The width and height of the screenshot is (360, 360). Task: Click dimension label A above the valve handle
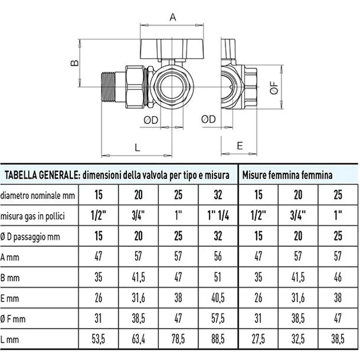[x=173, y=17]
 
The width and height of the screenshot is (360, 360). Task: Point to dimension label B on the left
[x=74, y=63]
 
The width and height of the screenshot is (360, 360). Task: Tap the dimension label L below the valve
[x=137, y=148]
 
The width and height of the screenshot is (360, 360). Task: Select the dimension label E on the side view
[x=240, y=145]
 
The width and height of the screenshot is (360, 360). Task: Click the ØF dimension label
[x=274, y=88]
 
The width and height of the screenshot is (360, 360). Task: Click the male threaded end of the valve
[x=108, y=87]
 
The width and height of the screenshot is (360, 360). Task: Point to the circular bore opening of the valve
[x=172, y=87]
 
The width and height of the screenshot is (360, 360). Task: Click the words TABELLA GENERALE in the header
[x=42, y=175]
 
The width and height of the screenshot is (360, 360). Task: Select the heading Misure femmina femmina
[x=287, y=175]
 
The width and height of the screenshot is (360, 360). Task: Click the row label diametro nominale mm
[x=38, y=195]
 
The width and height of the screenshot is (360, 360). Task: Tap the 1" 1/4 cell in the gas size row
[x=218, y=215]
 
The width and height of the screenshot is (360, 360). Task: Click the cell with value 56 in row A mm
[x=218, y=256]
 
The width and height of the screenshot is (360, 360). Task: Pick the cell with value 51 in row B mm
[x=218, y=277]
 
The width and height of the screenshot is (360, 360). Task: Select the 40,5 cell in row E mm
[x=218, y=298]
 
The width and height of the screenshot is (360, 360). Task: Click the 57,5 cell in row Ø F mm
[x=218, y=318]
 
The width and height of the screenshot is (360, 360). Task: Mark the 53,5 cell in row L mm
[x=98, y=339]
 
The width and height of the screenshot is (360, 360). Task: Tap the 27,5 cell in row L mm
[x=258, y=339]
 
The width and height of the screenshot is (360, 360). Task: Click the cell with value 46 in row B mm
[x=338, y=277]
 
